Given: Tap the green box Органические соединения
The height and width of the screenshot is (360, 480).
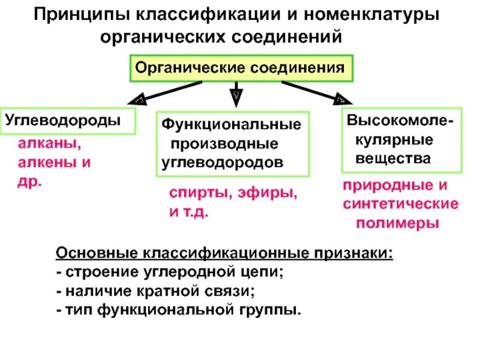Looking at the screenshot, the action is click(240, 67).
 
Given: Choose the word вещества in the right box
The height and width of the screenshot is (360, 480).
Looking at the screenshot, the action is click(393, 159).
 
